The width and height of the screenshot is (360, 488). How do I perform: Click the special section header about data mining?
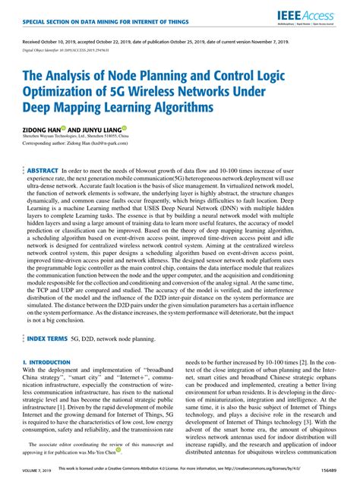tap(84, 17)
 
